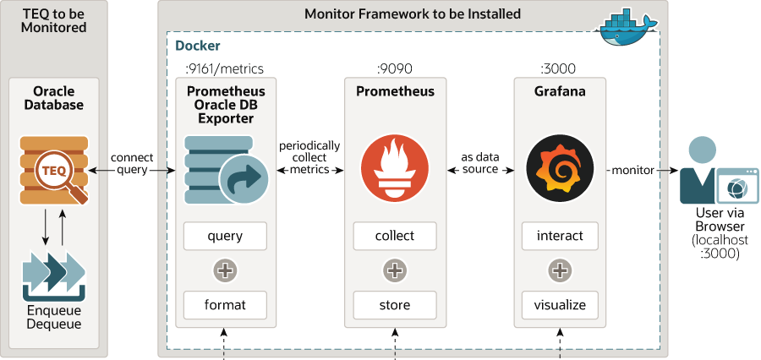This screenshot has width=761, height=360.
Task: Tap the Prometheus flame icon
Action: [394, 170]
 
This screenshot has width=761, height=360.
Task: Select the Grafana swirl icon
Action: [559, 170]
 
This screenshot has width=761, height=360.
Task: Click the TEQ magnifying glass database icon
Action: [54, 170]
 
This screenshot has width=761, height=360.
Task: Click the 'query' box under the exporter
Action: [225, 236]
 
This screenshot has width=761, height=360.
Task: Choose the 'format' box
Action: [225, 304]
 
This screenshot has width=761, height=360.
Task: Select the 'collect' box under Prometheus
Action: [394, 236]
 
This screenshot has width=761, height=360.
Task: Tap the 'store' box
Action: [394, 304]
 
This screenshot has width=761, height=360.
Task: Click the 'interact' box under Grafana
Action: [559, 236]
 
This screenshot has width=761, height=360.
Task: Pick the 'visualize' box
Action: [559, 304]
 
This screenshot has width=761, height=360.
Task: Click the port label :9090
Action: [394, 68]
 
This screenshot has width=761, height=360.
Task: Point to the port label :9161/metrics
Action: [224, 68]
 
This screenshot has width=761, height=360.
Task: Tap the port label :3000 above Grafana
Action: [559, 68]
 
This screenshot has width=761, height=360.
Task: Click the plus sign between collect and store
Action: [394, 270]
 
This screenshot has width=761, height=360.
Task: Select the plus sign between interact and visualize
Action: [559, 270]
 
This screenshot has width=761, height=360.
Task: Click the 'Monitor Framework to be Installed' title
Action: [413, 14]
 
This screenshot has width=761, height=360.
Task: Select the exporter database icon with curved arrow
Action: [225, 170]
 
